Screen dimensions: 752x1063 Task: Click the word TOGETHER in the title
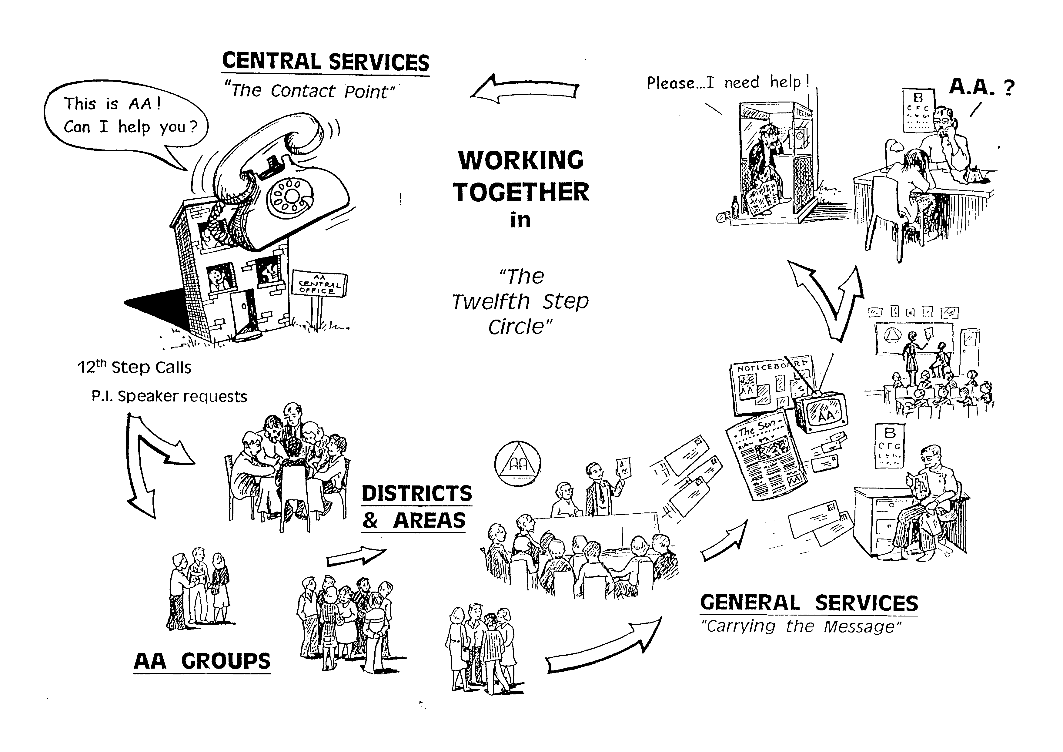[521, 192]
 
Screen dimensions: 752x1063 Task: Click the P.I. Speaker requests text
[169, 396]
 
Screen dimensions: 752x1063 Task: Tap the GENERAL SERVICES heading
[809, 603]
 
